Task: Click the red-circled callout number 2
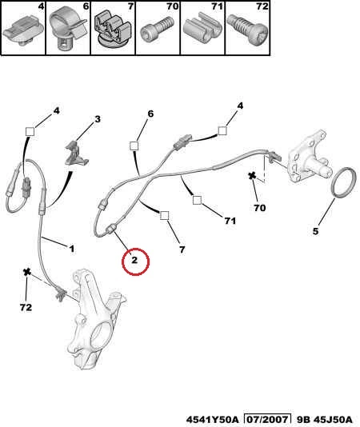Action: (134, 260)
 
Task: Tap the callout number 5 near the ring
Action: (315, 231)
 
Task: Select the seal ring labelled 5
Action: (345, 183)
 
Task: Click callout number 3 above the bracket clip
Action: (98, 119)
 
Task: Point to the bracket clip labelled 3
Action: (77, 153)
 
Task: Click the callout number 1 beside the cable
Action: (72, 249)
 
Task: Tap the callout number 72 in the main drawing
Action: (26, 307)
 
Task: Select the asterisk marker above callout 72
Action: (27, 272)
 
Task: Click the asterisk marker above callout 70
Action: (252, 176)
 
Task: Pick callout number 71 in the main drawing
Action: (230, 221)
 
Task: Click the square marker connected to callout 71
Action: (197, 200)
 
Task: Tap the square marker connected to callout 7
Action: (164, 215)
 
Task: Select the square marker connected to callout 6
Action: (134, 146)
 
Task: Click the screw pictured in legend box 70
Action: (157, 28)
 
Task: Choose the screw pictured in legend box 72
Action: (247, 30)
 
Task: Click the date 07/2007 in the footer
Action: (267, 419)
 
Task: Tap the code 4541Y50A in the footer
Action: (212, 420)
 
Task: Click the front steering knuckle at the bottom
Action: (95, 318)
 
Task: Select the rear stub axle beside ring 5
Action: (309, 159)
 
